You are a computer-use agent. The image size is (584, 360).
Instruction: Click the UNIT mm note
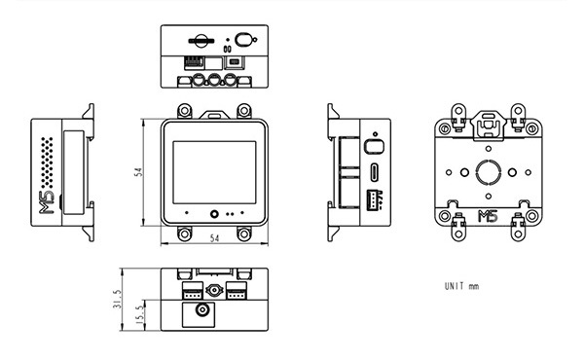click(461, 286)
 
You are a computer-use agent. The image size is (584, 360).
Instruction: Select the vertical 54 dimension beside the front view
click(138, 172)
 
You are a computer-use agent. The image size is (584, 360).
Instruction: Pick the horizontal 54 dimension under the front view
click(214, 238)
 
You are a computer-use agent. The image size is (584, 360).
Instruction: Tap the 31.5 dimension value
click(118, 299)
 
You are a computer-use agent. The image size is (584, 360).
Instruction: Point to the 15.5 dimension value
click(139, 315)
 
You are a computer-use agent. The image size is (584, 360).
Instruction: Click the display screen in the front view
click(214, 172)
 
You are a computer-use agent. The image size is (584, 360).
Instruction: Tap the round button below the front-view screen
click(214, 214)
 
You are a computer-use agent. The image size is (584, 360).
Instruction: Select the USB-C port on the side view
click(375, 171)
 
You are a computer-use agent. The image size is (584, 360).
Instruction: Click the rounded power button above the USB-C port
click(374, 146)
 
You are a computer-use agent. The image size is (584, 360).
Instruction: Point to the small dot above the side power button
click(375, 133)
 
